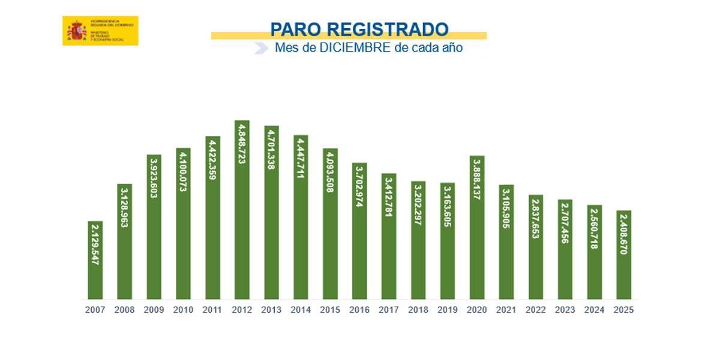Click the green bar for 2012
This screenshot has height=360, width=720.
(242, 210)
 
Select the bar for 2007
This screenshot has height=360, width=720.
(95, 260)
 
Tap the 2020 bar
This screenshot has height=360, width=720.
(477, 228)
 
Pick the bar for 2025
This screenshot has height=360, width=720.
(624, 255)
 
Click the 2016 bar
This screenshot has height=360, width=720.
(359, 231)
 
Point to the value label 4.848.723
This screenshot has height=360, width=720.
(242, 145)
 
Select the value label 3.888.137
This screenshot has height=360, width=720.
(477, 180)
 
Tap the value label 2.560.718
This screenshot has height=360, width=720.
(595, 229)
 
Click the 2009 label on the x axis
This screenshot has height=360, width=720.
(154, 310)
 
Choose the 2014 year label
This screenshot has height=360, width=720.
(301, 310)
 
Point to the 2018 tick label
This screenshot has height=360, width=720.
(418, 310)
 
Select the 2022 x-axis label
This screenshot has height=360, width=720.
(536, 310)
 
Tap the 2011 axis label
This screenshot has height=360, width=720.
(212, 310)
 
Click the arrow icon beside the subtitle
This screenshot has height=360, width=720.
(261, 48)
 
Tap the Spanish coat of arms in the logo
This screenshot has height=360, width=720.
(76, 31)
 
